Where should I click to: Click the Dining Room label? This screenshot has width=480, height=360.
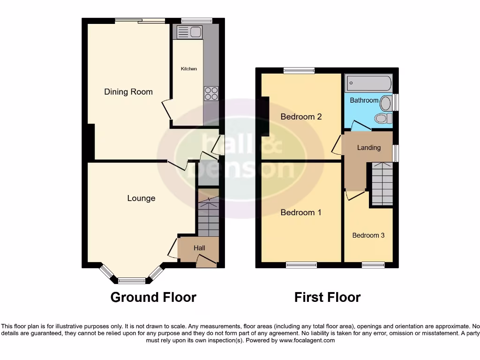(128, 92)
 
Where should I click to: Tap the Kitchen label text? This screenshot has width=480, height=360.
(189, 69)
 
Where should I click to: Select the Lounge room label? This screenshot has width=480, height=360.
(141, 198)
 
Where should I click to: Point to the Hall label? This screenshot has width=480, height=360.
(200, 247)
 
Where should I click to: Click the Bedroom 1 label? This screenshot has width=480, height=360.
(301, 212)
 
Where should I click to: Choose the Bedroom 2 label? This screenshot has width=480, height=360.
(301, 117)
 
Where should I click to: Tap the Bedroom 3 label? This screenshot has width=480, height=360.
(368, 235)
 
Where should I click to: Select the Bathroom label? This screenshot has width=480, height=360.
(364, 100)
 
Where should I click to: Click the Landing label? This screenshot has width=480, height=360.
(369, 148)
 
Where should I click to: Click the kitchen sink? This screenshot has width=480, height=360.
(187, 32)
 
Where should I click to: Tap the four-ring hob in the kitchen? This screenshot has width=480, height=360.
(211, 93)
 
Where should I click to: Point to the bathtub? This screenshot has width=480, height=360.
(368, 83)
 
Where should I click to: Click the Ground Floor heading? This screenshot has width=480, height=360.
(153, 297)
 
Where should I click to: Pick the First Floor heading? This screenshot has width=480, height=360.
(327, 297)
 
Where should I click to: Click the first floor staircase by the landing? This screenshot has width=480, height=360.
(382, 184)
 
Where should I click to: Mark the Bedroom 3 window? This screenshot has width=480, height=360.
(373, 265)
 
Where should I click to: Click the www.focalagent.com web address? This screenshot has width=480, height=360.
(307, 341)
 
